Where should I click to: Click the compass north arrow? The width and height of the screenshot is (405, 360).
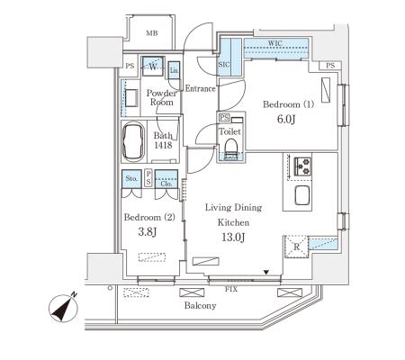63,308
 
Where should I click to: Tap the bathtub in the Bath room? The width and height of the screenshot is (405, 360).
134,141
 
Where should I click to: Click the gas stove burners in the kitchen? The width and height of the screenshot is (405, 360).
302,166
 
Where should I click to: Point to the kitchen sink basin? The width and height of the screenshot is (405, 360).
302,195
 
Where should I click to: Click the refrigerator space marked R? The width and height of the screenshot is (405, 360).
296,247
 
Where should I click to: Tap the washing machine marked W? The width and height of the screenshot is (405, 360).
153,67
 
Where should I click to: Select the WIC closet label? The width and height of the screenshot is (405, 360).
275,43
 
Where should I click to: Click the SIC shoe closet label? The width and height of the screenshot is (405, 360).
224,65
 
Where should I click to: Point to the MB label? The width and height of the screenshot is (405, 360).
152,33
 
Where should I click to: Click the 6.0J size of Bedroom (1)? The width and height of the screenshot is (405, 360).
286,119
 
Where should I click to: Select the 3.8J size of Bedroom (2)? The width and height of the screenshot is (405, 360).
148,231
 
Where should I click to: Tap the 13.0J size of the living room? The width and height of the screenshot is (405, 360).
233,238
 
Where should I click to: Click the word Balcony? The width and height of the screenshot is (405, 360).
200,306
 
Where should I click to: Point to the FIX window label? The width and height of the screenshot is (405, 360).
231,289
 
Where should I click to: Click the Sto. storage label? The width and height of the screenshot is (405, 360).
131,178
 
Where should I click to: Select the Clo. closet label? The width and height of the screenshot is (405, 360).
166,184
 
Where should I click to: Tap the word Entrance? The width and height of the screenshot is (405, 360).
201,88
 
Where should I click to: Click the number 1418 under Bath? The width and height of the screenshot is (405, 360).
163,145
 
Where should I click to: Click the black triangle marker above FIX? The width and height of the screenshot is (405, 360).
266,273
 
